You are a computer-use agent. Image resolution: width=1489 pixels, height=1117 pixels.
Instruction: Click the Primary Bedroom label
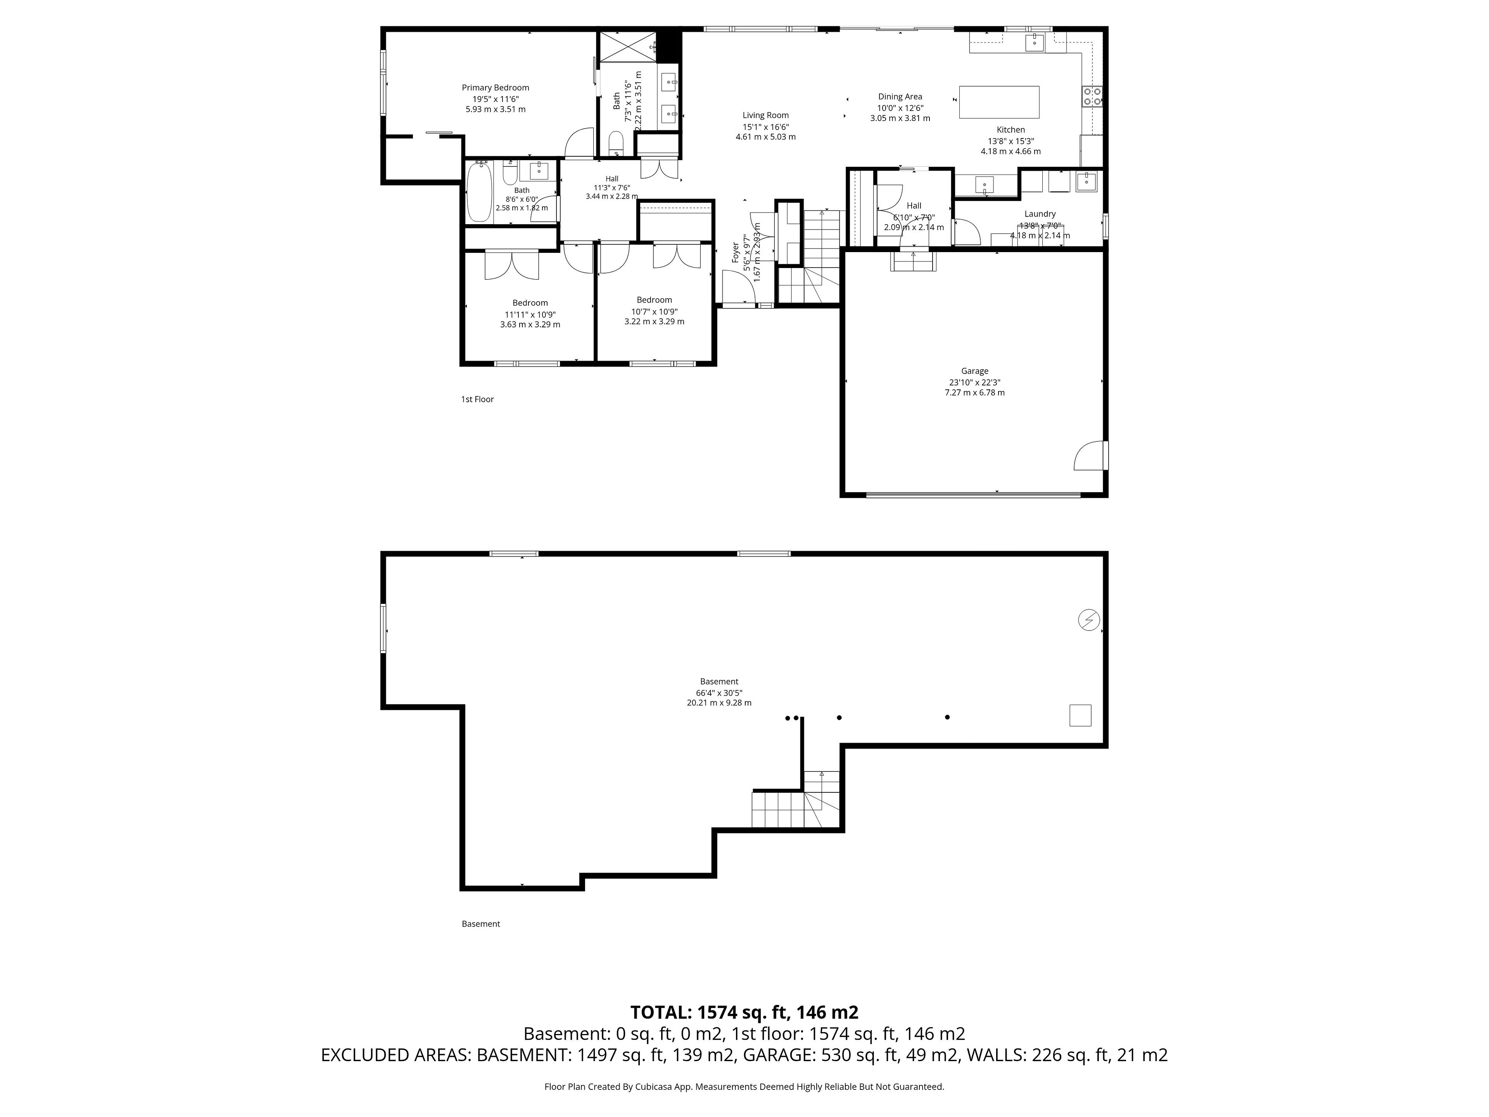pos(496,88)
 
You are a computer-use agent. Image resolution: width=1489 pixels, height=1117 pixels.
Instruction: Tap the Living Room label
pos(765,115)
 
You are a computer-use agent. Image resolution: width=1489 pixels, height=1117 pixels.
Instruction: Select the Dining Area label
pos(900,96)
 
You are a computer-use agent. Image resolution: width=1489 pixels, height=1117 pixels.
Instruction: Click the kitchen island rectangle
pos(999,102)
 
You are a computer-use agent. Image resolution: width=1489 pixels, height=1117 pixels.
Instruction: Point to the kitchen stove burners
pos(1092,96)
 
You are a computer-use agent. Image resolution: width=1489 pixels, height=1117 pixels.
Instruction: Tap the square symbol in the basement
pos(1080,715)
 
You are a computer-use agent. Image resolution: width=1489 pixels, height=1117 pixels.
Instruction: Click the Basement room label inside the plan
pos(719,681)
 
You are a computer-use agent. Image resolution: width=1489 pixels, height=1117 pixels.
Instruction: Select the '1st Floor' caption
pos(477,399)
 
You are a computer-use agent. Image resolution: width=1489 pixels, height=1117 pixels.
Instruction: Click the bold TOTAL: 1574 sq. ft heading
pos(744,1012)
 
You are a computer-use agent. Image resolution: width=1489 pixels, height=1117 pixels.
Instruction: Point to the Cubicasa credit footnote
pos(744,1086)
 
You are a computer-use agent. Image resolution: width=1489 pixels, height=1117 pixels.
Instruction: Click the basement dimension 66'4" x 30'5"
pos(719,693)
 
